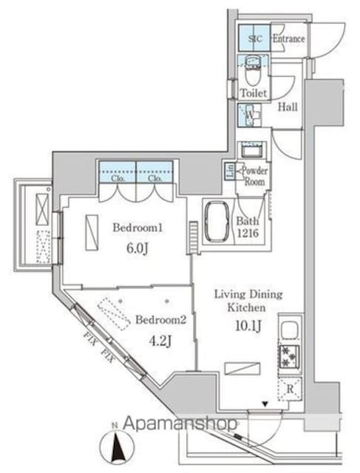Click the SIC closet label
coord(254,38)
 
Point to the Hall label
coord(288,107)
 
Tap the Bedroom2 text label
coord(155,320)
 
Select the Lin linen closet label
coord(230,170)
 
